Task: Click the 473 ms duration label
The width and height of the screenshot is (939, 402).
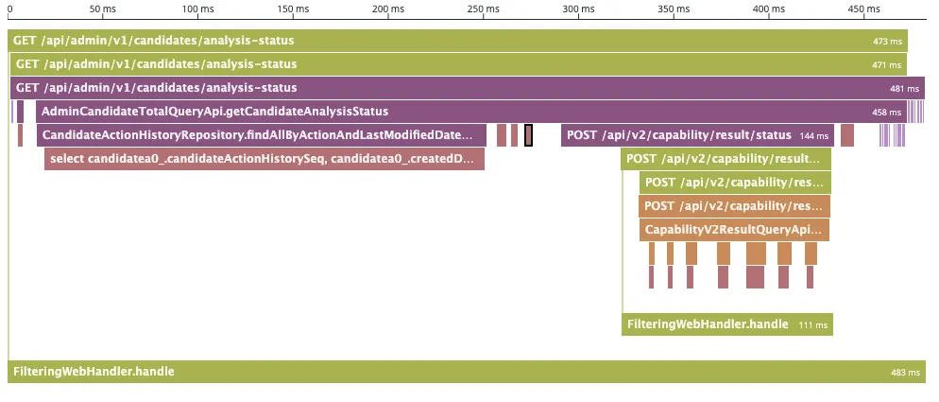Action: click(889, 42)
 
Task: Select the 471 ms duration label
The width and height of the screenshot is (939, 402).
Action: click(886, 65)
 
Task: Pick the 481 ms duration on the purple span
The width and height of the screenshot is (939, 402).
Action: click(904, 89)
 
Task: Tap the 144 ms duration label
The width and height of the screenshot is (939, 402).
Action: click(814, 136)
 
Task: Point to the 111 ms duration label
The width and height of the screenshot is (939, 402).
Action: click(813, 325)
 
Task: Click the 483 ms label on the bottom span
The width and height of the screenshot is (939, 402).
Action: click(905, 373)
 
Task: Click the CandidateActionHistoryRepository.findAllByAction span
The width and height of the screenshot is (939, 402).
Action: click(255, 135)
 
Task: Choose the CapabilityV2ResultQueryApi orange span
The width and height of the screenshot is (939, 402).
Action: click(734, 230)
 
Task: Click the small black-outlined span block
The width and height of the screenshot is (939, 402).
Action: click(529, 135)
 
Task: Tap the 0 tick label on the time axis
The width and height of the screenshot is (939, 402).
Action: click(9, 9)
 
